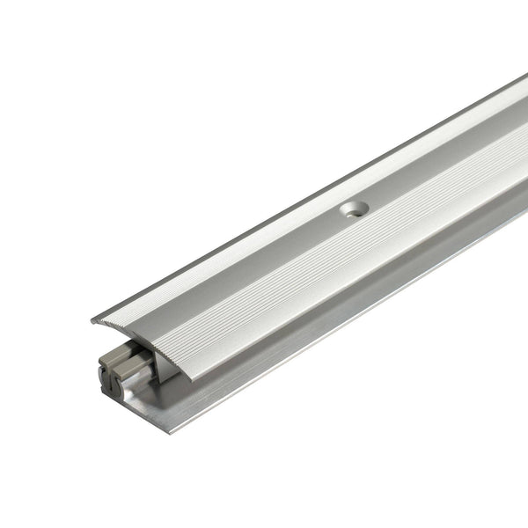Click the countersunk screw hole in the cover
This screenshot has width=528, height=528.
point(354,210)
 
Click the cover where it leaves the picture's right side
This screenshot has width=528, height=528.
point(519,132)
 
